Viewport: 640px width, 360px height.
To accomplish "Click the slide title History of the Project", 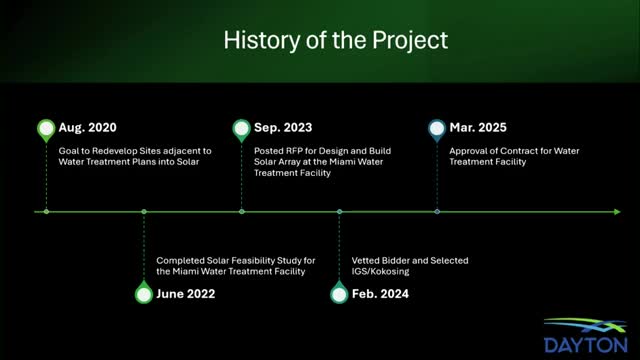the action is click(336, 40).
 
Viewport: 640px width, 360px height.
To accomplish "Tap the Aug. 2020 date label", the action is click(87, 128).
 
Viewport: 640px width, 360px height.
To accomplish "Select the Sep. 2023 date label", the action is click(283, 128).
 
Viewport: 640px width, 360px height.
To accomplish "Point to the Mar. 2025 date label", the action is click(478, 128).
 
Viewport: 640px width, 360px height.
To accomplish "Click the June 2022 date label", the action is click(186, 294).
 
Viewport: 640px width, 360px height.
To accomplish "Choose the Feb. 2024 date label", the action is click(380, 294).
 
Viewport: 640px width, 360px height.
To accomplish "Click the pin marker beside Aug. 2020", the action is click(46, 130).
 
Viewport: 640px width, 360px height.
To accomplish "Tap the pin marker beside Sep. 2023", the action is click(242, 130).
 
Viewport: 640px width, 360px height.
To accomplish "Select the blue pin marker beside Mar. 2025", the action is click(437, 130).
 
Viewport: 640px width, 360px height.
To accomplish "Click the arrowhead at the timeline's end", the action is click(617, 212).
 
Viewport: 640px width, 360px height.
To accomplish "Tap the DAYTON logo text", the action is click(586, 345).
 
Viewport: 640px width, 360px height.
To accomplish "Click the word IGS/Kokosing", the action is click(380, 271).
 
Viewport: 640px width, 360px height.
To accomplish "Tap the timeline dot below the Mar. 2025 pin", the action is click(437, 212).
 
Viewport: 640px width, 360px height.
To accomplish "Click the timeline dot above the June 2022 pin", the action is click(144, 212).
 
